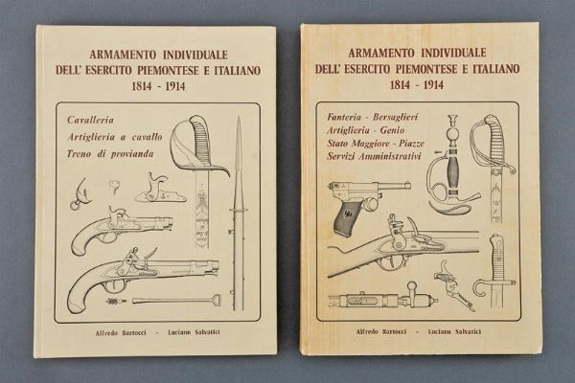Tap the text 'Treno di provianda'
click(110, 154)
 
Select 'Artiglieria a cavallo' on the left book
click(115, 137)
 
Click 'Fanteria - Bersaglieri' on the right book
click(373, 117)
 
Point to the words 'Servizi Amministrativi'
click(374, 156)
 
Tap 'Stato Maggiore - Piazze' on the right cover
click(376, 144)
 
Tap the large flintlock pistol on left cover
click(143, 277)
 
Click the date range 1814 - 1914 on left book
click(158, 86)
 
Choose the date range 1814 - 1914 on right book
click(417, 85)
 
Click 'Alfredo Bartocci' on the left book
click(121, 333)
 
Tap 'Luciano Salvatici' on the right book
click(454, 331)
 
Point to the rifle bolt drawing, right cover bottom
click(387, 297)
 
